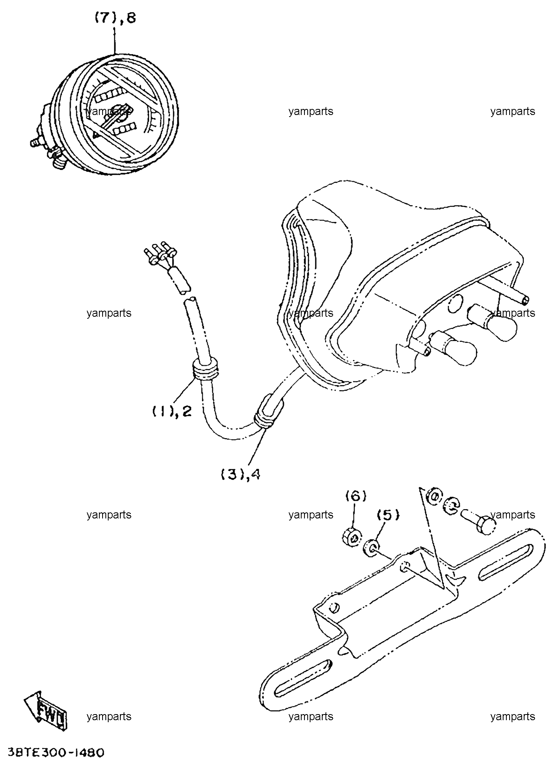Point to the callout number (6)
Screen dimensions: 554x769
[355, 496]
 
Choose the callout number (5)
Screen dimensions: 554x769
[387, 515]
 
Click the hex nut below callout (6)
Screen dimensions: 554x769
[351, 537]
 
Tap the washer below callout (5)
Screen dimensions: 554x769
[371, 548]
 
